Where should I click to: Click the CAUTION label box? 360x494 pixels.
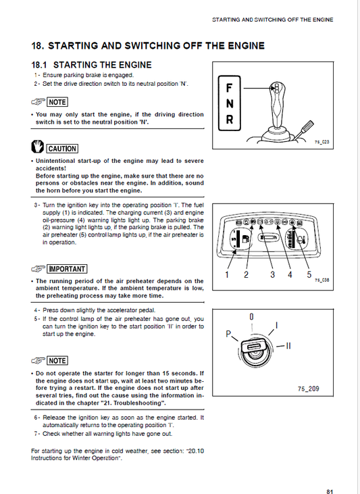[62, 149]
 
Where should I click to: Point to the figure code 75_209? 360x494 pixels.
[308, 389]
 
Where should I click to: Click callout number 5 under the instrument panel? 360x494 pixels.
[309, 275]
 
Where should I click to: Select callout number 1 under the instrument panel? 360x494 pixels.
[228, 275]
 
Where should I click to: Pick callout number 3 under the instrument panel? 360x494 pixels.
[273, 275]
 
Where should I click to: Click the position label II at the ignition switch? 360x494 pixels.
[287, 346]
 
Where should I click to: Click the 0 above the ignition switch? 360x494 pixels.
[251, 316]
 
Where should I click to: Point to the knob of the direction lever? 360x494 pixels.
[276, 89]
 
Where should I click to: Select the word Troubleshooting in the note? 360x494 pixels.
[138, 403]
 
